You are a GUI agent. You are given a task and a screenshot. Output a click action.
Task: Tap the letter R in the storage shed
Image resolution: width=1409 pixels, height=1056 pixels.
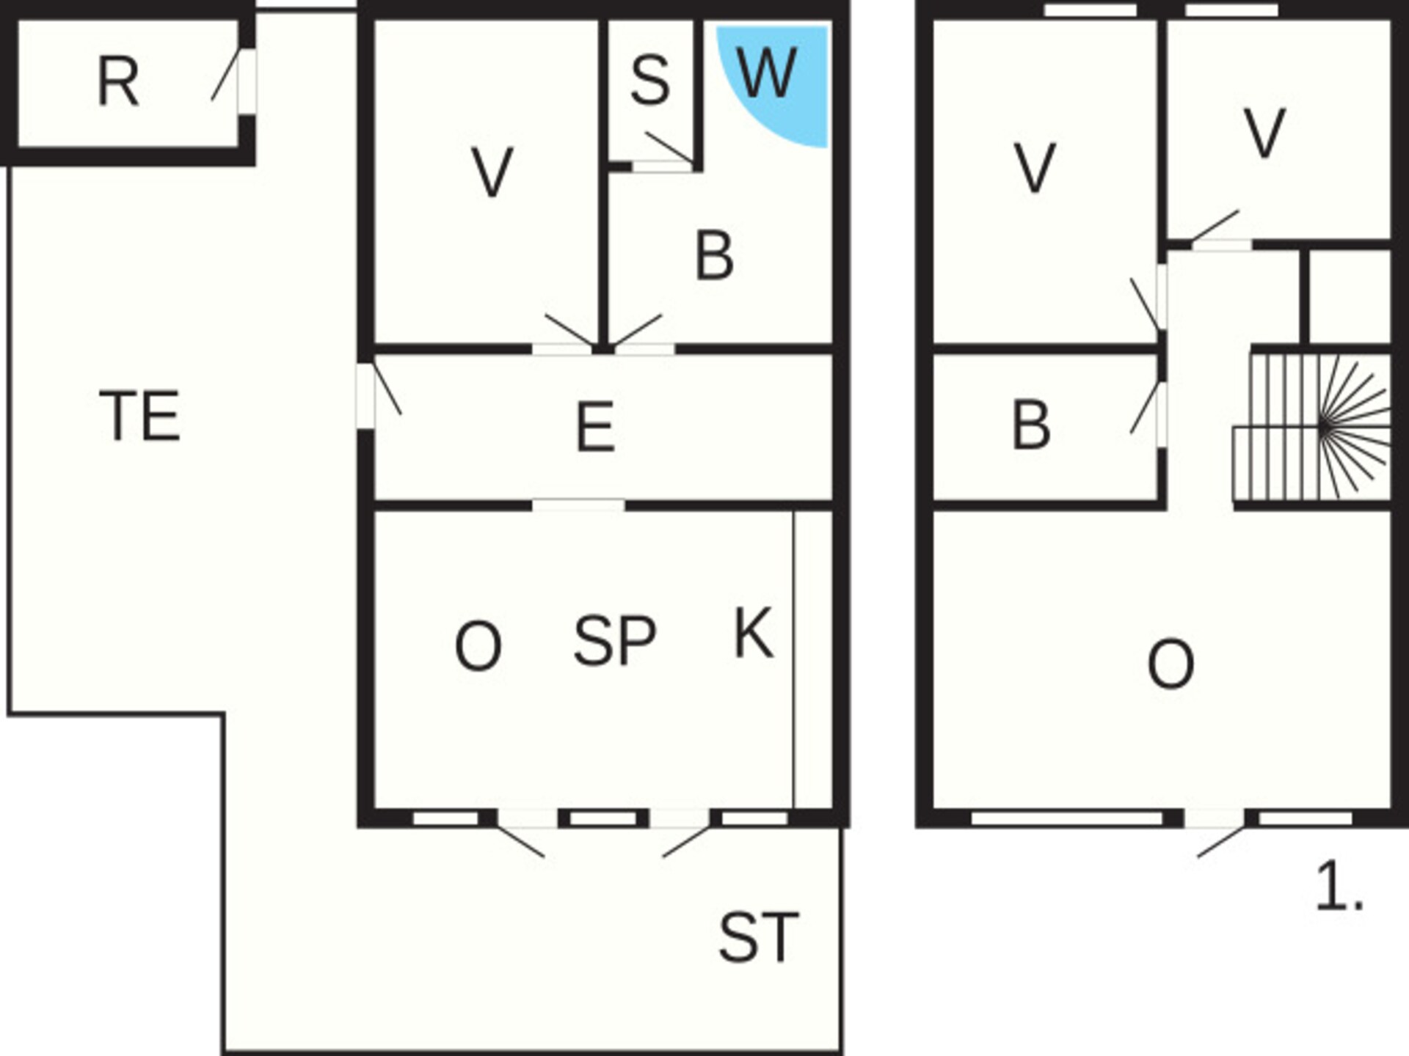[x=117, y=82]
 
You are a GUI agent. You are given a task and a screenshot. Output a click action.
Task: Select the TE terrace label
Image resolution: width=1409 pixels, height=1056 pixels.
[x=139, y=416]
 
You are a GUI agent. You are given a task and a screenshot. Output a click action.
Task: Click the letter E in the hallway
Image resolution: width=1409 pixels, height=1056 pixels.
[x=595, y=427]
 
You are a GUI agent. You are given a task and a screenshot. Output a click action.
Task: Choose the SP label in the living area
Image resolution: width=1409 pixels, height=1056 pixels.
[x=615, y=641]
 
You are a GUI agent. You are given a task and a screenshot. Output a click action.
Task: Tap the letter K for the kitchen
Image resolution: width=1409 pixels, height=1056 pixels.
[x=754, y=632]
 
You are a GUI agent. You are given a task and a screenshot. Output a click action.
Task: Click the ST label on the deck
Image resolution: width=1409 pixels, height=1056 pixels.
[x=758, y=937]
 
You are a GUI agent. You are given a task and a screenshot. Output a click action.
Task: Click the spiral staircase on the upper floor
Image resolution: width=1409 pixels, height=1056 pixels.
[x=1312, y=428]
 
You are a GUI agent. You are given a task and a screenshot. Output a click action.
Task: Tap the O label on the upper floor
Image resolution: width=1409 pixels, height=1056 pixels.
[x=1170, y=664]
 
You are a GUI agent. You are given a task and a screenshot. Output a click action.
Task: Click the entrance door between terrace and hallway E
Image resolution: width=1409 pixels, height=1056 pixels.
[x=377, y=395]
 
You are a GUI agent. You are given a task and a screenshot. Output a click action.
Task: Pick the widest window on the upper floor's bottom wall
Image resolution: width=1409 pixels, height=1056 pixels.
[x=1067, y=818]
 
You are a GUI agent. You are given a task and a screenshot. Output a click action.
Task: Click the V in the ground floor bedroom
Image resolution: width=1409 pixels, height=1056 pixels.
[x=492, y=172]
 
